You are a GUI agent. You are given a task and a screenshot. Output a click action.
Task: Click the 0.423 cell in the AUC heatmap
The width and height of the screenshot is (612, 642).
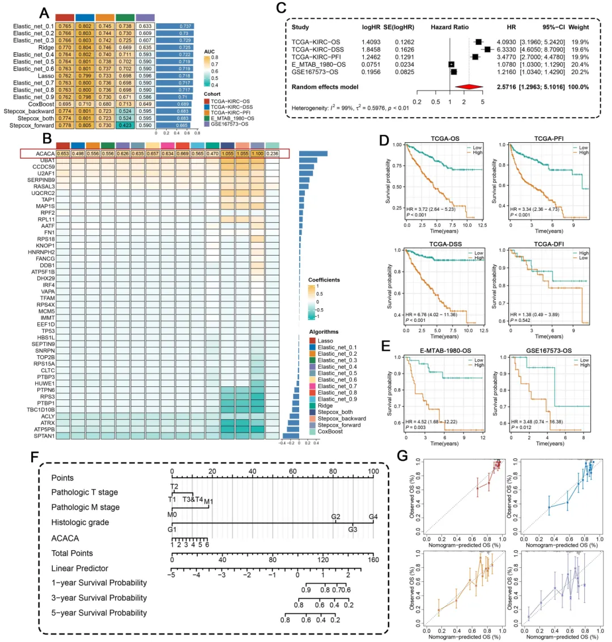pyautogui.click(x=125, y=125)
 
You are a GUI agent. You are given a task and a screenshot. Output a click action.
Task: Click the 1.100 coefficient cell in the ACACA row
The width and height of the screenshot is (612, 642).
pyautogui.click(x=257, y=153)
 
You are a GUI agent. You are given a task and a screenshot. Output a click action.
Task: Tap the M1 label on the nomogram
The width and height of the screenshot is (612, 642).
pyautogui.click(x=208, y=501)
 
